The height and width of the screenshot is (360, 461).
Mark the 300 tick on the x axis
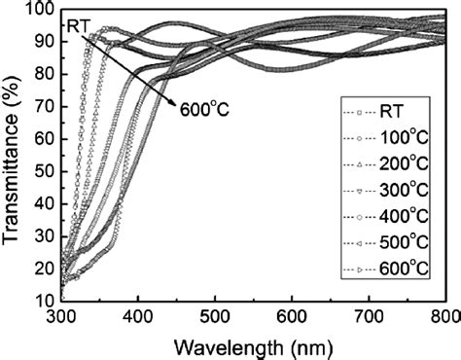pyautogui.click(x=61, y=316)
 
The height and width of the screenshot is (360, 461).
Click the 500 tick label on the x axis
pyautogui.click(x=215, y=316)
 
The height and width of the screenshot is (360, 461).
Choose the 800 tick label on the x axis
pyautogui.click(x=443, y=316)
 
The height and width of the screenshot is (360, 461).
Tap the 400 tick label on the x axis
pyautogui.click(x=138, y=316)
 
